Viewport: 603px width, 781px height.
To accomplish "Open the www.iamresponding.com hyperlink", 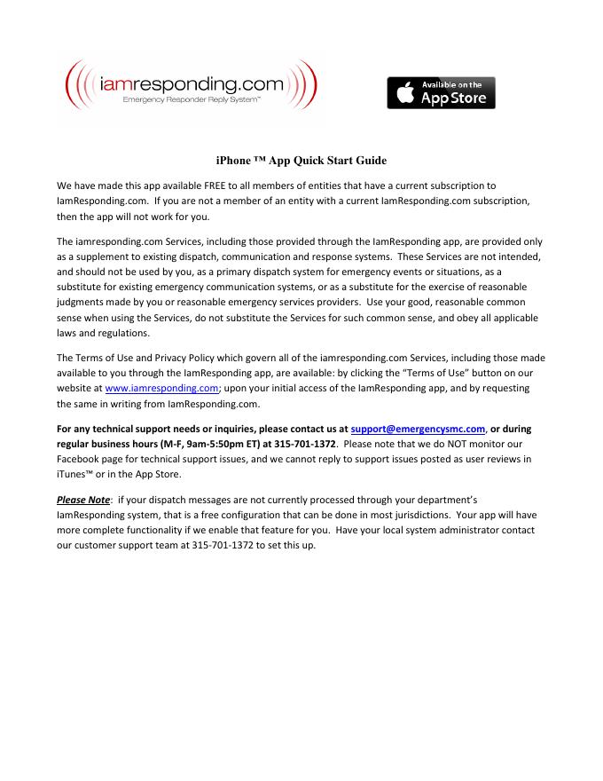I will click(x=161, y=388).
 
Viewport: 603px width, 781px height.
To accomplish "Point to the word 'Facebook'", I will click(x=80, y=459).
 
